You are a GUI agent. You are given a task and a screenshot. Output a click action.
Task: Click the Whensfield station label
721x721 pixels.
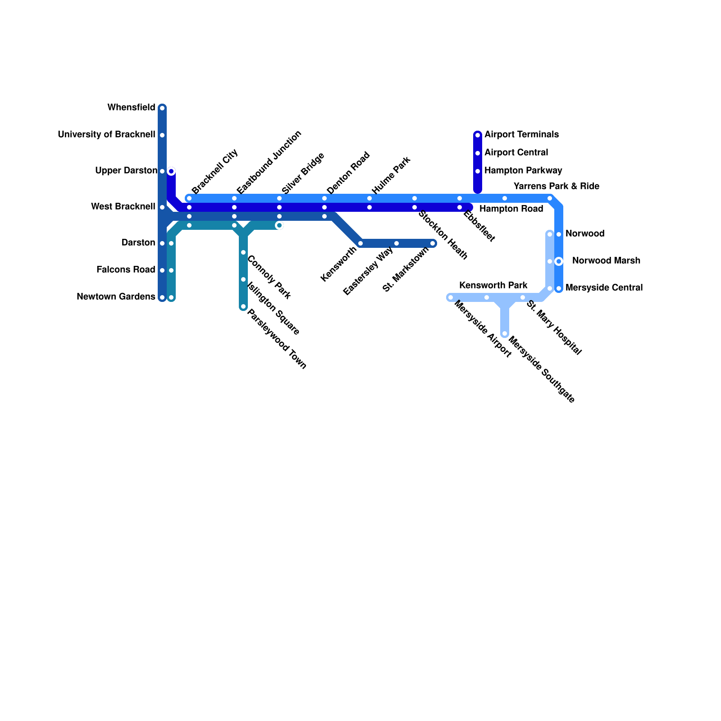[x=131, y=108]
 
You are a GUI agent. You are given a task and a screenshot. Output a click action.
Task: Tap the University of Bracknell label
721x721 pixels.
[x=106, y=135]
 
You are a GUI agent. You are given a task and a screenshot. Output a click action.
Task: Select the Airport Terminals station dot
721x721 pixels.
[x=478, y=135]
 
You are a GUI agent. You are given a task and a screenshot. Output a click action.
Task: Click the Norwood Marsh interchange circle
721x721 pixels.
[x=559, y=261]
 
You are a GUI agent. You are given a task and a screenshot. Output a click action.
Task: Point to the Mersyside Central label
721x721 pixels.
[x=604, y=288]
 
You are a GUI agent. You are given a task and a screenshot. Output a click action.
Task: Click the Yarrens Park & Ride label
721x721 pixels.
[x=556, y=187]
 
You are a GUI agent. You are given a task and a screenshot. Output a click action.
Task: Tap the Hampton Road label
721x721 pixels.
[x=511, y=209]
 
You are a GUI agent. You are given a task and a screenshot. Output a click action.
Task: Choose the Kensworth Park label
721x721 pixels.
[x=493, y=286]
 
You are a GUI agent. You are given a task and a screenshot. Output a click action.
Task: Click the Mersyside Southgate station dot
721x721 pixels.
[x=505, y=334]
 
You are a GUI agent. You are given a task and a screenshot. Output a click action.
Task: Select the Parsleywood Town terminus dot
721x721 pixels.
[x=243, y=307]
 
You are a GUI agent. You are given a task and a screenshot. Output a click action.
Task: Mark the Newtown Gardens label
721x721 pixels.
[x=116, y=297]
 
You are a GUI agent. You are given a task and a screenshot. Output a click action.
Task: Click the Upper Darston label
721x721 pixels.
[x=126, y=171]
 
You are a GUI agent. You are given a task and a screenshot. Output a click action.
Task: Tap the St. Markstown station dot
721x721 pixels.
[x=433, y=244]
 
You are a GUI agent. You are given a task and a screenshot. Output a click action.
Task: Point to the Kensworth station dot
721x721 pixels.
[x=360, y=244]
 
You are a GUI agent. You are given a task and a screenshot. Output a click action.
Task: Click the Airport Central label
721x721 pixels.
[x=516, y=153]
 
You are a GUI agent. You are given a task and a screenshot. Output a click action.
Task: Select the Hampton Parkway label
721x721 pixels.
[x=523, y=171]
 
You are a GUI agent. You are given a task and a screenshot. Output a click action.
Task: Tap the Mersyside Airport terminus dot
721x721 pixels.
[x=451, y=297]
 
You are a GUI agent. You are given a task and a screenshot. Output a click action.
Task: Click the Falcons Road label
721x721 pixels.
[x=126, y=270]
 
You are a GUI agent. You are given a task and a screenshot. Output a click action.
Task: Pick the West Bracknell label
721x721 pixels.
[x=123, y=207]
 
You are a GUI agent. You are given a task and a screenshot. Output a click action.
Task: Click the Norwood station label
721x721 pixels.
[x=584, y=234]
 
